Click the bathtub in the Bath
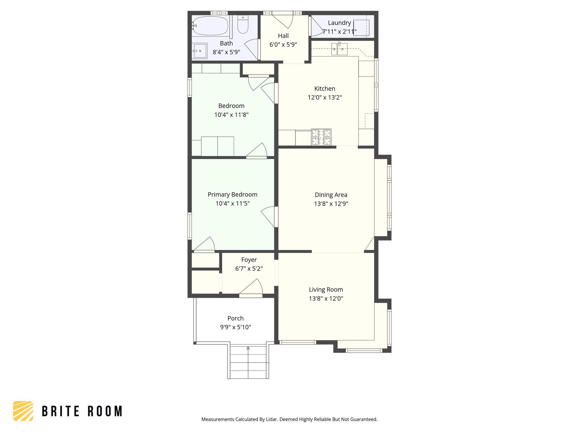coord(210,26)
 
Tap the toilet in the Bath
coord(243,25)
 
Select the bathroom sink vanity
coord(200,51)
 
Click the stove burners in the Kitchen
coord(321,137)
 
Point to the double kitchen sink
coord(339,49)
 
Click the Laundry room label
coord(339,23)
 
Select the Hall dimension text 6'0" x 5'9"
coord(283,45)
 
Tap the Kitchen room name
coord(325,89)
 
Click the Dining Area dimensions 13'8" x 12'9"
coord(331,204)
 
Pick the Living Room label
coord(326,290)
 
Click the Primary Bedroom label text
coord(232,195)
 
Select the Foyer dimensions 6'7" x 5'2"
coord(249,269)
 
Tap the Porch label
coord(235,318)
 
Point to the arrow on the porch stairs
coord(248,348)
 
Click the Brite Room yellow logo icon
coord(23,411)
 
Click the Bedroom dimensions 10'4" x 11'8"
coord(231,115)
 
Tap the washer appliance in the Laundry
coord(361,28)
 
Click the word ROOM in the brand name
coord(105,411)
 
